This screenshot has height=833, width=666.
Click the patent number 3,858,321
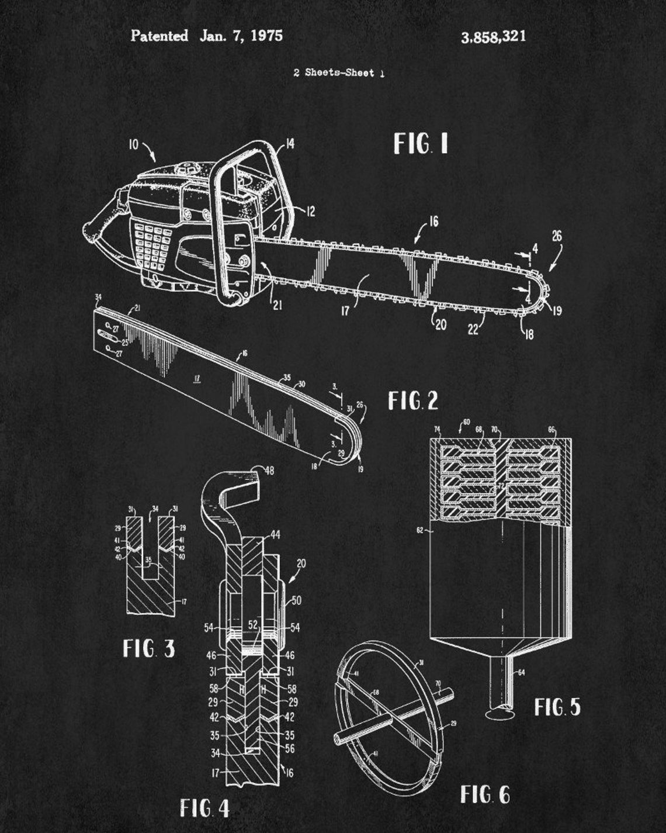pyautogui.click(x=493, y=37)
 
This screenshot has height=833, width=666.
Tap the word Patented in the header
pyautogui.click(x=159, y=36)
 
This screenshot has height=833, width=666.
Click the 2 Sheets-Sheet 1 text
pyautogui.click(x=339, y=73)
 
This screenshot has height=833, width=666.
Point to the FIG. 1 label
pyautogui.click(x=421, y=144)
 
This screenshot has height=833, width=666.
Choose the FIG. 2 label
pyautogui.click(x=413, y=401)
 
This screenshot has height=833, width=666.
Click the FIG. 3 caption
pyautogui.click(x=149, y=648)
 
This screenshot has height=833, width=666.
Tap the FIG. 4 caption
pyautogui.click(x=204, y=808)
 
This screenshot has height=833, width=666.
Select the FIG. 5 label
pyautogui.click(x=557, y=707)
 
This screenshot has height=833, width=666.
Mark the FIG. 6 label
pyautogui.click(x=484, y=795)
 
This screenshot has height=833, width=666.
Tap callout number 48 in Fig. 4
pyautogui.click(x=269, y=471)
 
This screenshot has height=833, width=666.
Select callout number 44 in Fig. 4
pyautogui.click(x=275, y=534)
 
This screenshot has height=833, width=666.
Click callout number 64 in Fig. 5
pyautogui.click(x=522, y=672)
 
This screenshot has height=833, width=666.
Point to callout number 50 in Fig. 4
pyautogui.click(x=296, y=600)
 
